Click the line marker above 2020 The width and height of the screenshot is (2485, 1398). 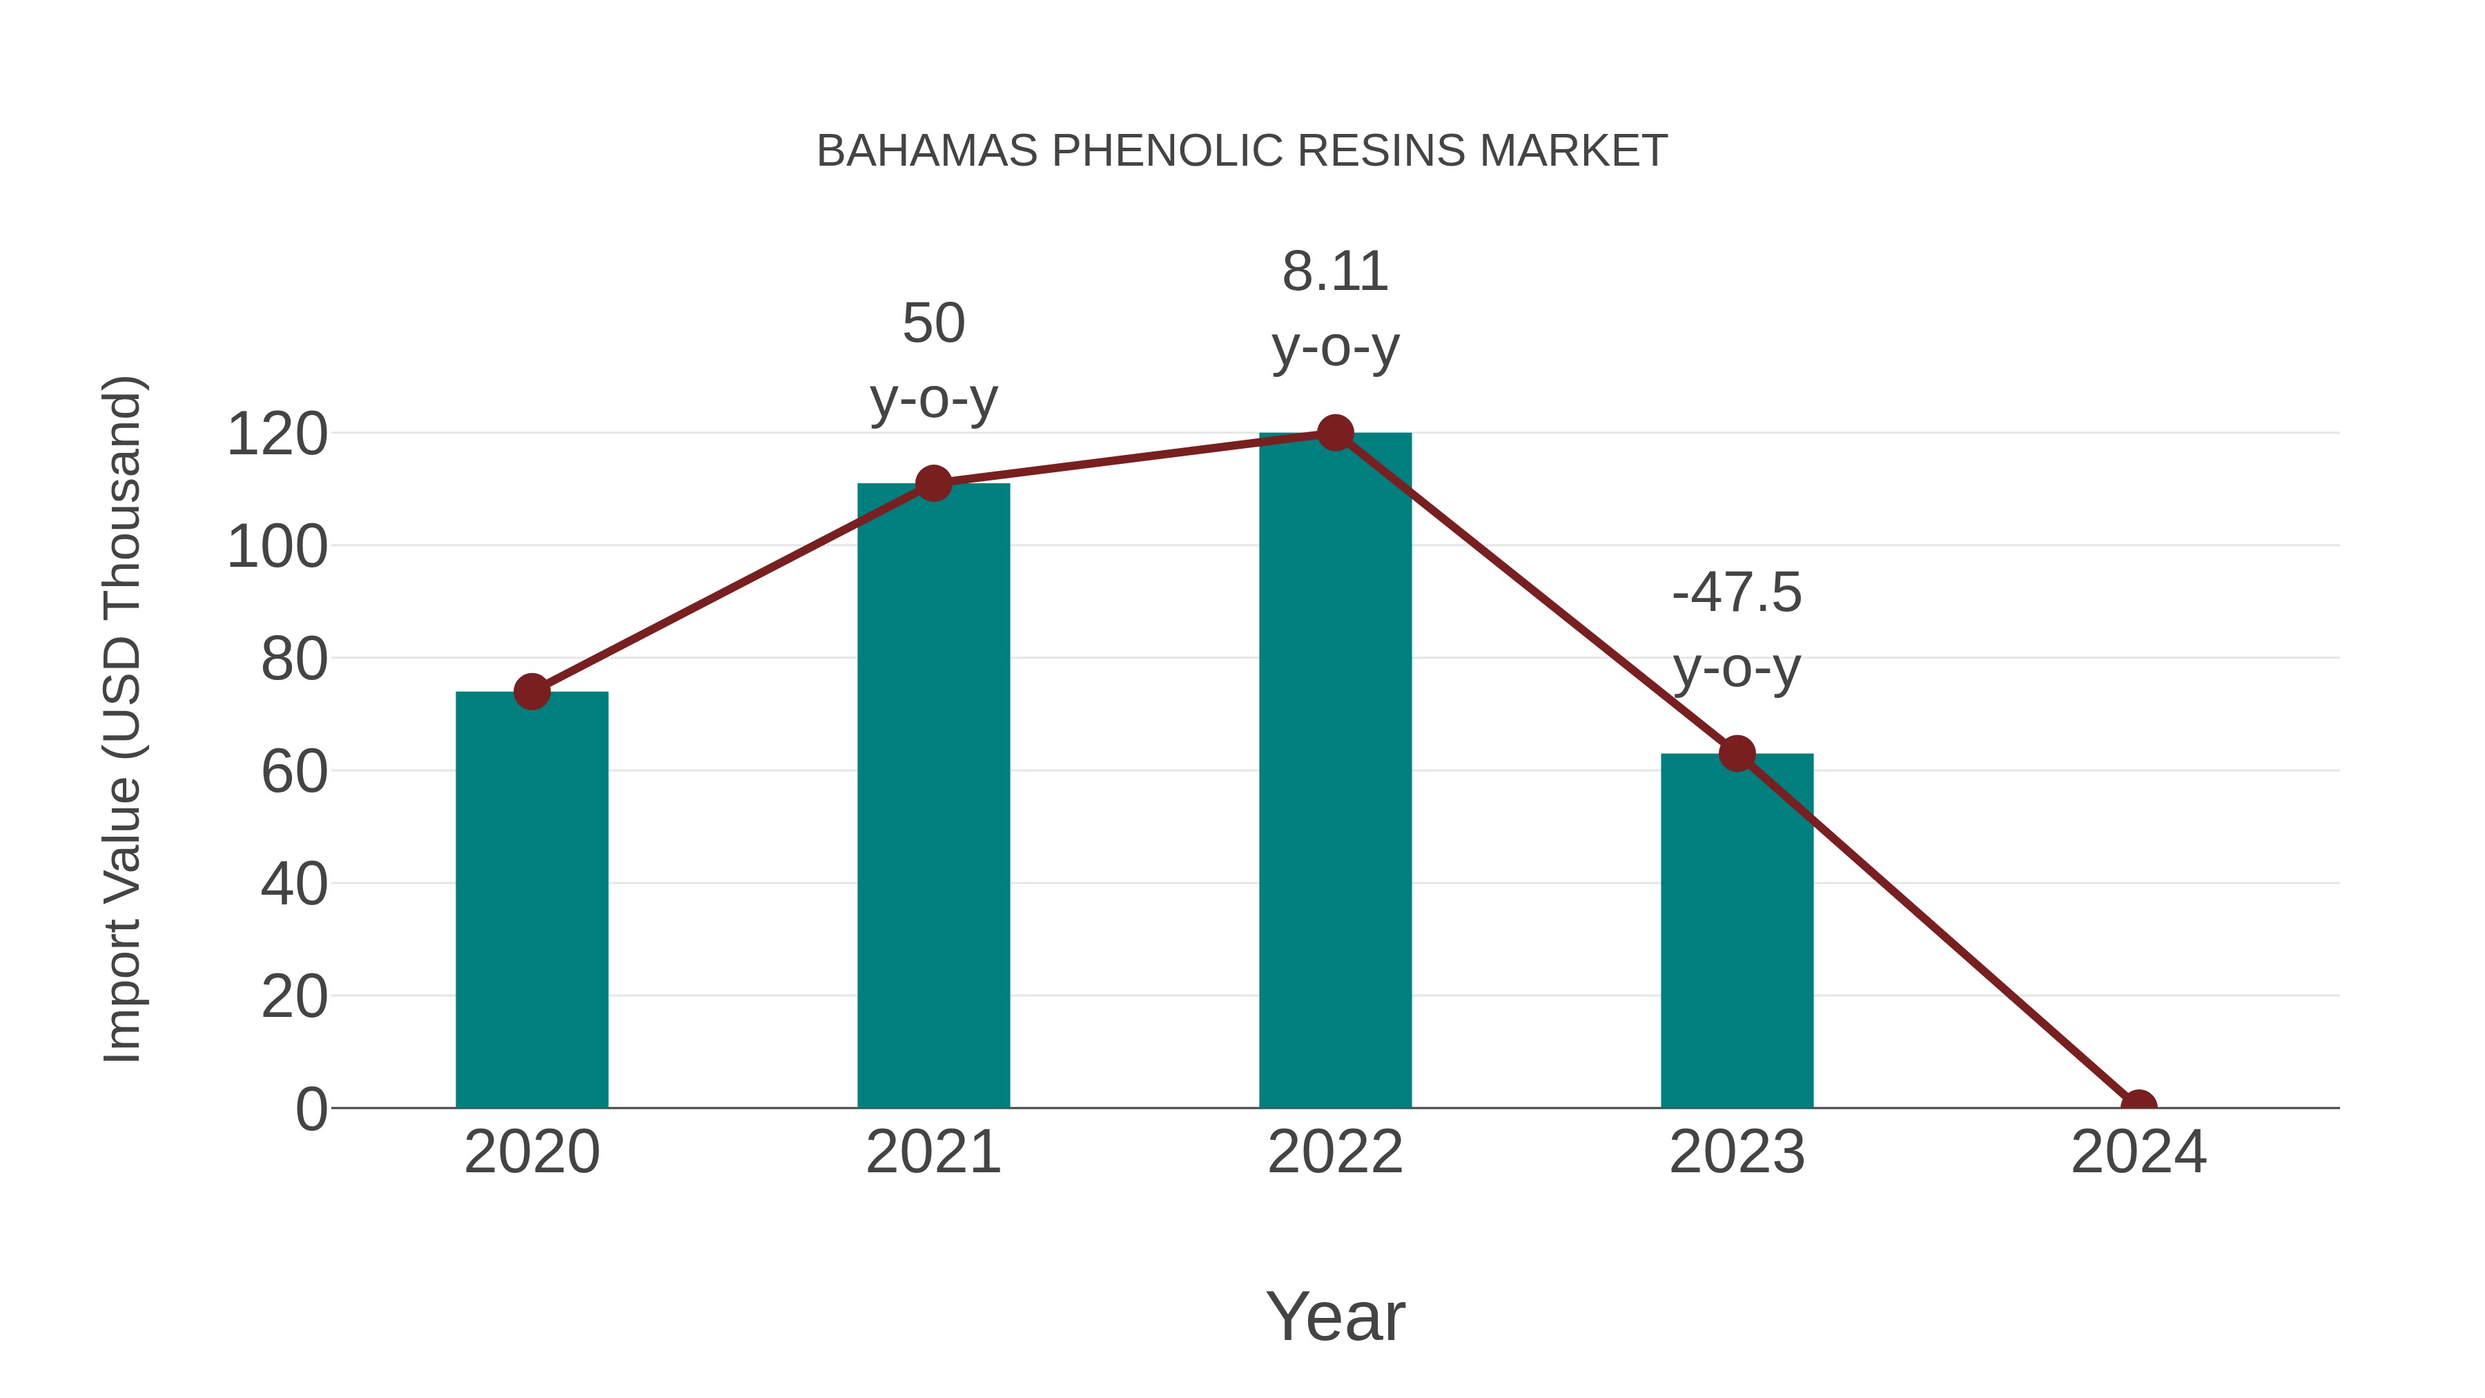tap(532, 692)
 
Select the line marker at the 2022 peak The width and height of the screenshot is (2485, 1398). tap(1335, 433)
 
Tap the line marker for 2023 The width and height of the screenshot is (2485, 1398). tap(1737, 753)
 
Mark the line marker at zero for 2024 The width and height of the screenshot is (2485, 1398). tap(2138, 1106)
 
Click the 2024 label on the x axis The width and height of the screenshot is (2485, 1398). tap(2138, 1152)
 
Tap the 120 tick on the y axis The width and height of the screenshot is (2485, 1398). tap(277, 434)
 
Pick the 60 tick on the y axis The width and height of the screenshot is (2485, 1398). tap(294, 772)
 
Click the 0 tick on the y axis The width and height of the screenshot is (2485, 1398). tap(311, 1109)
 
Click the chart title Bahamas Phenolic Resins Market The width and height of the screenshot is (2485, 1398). tap(1242, 151)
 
